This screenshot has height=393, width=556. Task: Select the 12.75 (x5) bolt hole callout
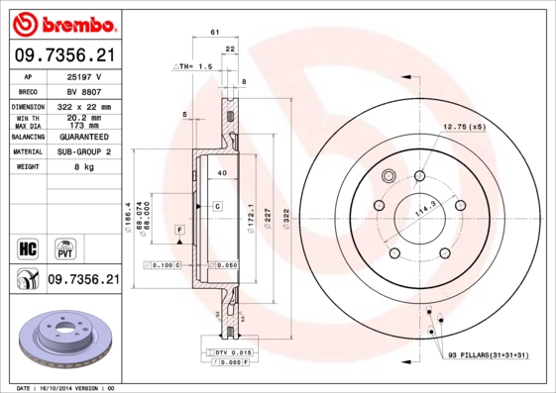pos(464,127)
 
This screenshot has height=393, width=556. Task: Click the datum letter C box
pos(215,205)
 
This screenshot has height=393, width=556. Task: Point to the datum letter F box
pos(179,230)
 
